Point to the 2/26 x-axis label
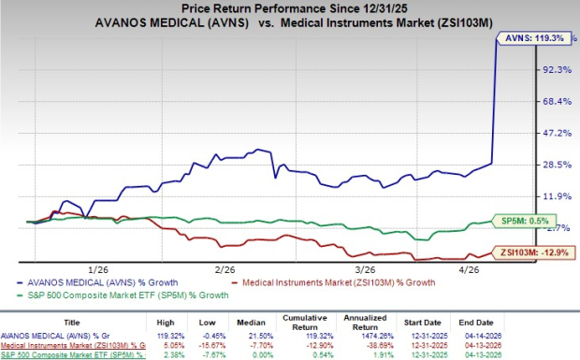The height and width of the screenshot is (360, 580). pyautogui.click(x=225, y=267)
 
